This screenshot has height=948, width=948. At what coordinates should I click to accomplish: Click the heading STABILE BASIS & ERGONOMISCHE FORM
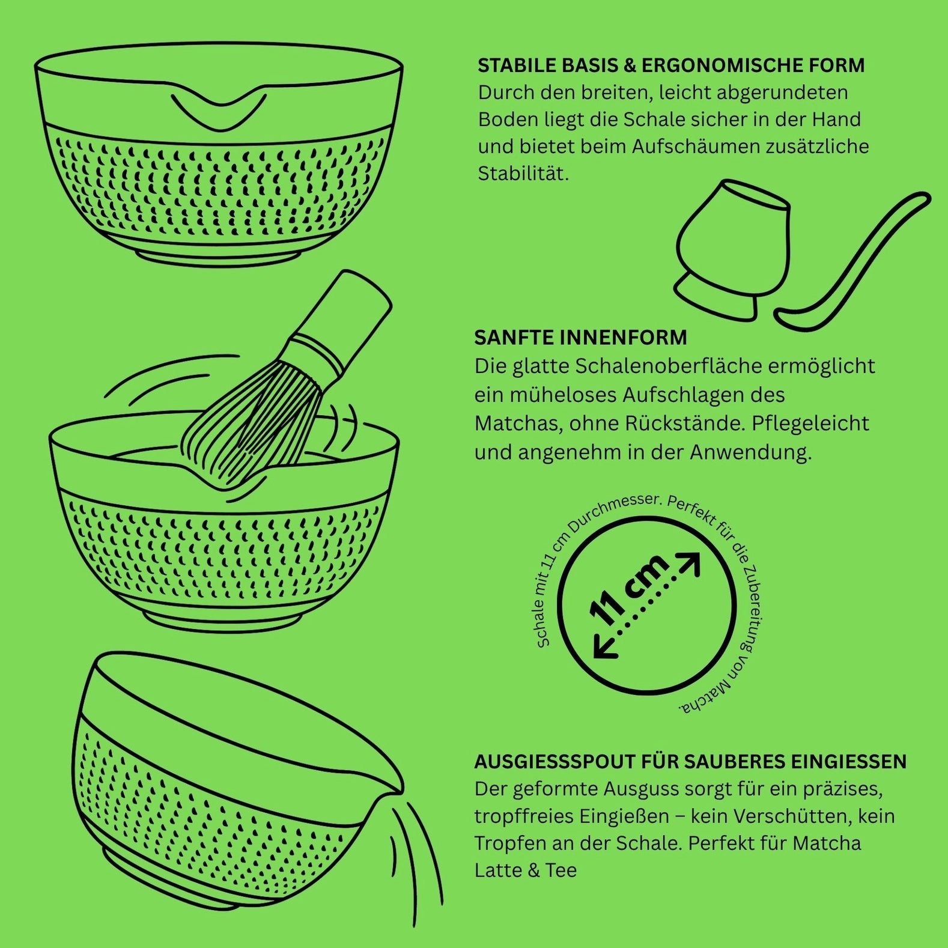[x=671, y=65]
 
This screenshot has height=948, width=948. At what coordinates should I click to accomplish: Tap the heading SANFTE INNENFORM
[x=580, y=338]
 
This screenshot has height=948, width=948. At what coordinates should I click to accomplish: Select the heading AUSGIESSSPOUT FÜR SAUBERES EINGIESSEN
[x=690, y=762]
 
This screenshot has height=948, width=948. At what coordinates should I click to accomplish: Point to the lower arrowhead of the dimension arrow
[x=603, y=648]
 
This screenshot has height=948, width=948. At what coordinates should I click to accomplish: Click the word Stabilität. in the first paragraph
[x=523, y=174]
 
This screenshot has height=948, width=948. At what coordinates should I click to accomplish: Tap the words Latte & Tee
[x=526, y=871]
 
